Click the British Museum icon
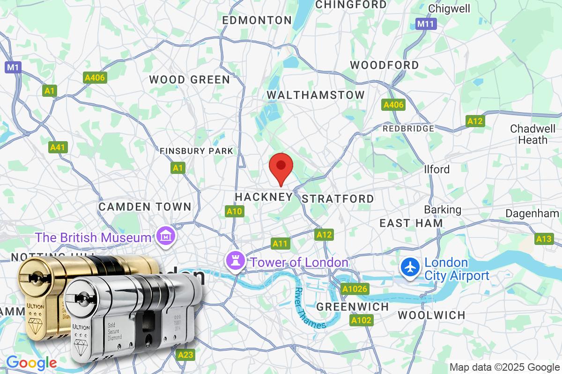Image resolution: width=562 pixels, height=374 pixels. tap(166, 237)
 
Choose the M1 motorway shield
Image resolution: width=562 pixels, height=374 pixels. tap(13, 67)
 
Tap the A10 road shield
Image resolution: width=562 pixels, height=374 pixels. tap(234, 212)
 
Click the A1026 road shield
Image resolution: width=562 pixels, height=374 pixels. tap(354, 289)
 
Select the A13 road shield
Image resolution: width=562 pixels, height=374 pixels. tap(544, 239)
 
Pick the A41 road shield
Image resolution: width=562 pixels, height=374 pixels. tap(58, 147)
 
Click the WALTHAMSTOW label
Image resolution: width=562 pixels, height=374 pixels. tap(316, 95)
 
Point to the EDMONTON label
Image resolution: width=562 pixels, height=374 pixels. tap(257, 20)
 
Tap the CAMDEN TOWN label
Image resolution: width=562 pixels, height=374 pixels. tap(145, 207)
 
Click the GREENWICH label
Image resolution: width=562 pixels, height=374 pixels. tap(353, 307)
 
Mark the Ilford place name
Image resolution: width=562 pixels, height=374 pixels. tap(436, 169)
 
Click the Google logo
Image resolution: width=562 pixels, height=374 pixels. tap(31, 363)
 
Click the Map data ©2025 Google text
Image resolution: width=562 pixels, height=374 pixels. tap(504, 367)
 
